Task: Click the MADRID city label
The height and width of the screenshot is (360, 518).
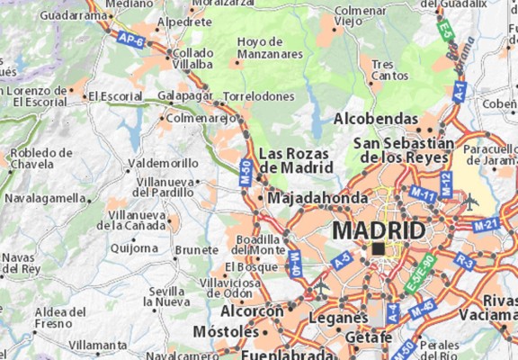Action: (x=379, y=230)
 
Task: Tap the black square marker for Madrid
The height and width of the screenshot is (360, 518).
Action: (x=379, y=248)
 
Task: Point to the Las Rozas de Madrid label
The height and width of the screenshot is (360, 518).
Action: (x=294, y=160)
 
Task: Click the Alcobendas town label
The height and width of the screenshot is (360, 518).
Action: (x=376, y=119)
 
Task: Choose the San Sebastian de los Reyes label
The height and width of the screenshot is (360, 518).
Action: (x=404, y=149)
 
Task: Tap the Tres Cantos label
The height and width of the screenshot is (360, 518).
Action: (x=383, y=69)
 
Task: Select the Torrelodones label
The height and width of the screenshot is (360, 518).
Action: (x=259, y=95)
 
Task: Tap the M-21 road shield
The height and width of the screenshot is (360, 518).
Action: (x=487, y=223)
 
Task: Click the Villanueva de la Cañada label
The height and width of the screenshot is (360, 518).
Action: (x=137, y=220)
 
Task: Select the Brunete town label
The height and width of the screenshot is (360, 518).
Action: (x=197, y=249)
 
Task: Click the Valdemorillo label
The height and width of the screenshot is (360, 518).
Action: (x=164, y=164)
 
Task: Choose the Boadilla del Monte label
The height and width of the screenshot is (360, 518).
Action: (x=259, y=244)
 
